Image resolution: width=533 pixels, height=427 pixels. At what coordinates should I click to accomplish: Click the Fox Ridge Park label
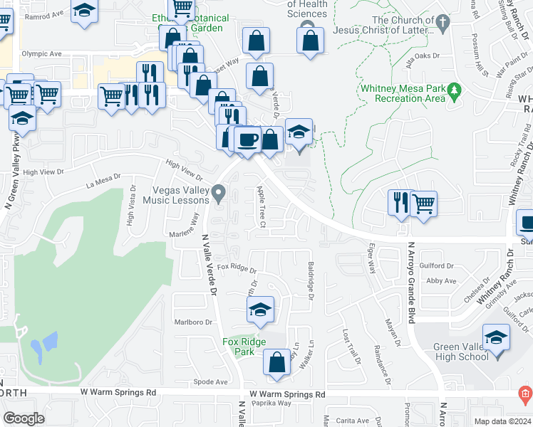(x=244, y=347)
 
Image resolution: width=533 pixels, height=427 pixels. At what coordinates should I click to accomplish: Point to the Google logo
(x=24, y=418)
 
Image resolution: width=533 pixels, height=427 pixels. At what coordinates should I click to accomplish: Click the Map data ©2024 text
(x=502, y=421)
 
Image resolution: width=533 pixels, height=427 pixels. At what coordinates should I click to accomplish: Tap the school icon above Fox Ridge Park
(x=260, y=310)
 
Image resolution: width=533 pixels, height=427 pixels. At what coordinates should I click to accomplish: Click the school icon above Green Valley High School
(x=496, y=337)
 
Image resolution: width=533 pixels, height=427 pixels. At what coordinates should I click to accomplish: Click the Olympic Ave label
(x=41, y=53)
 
